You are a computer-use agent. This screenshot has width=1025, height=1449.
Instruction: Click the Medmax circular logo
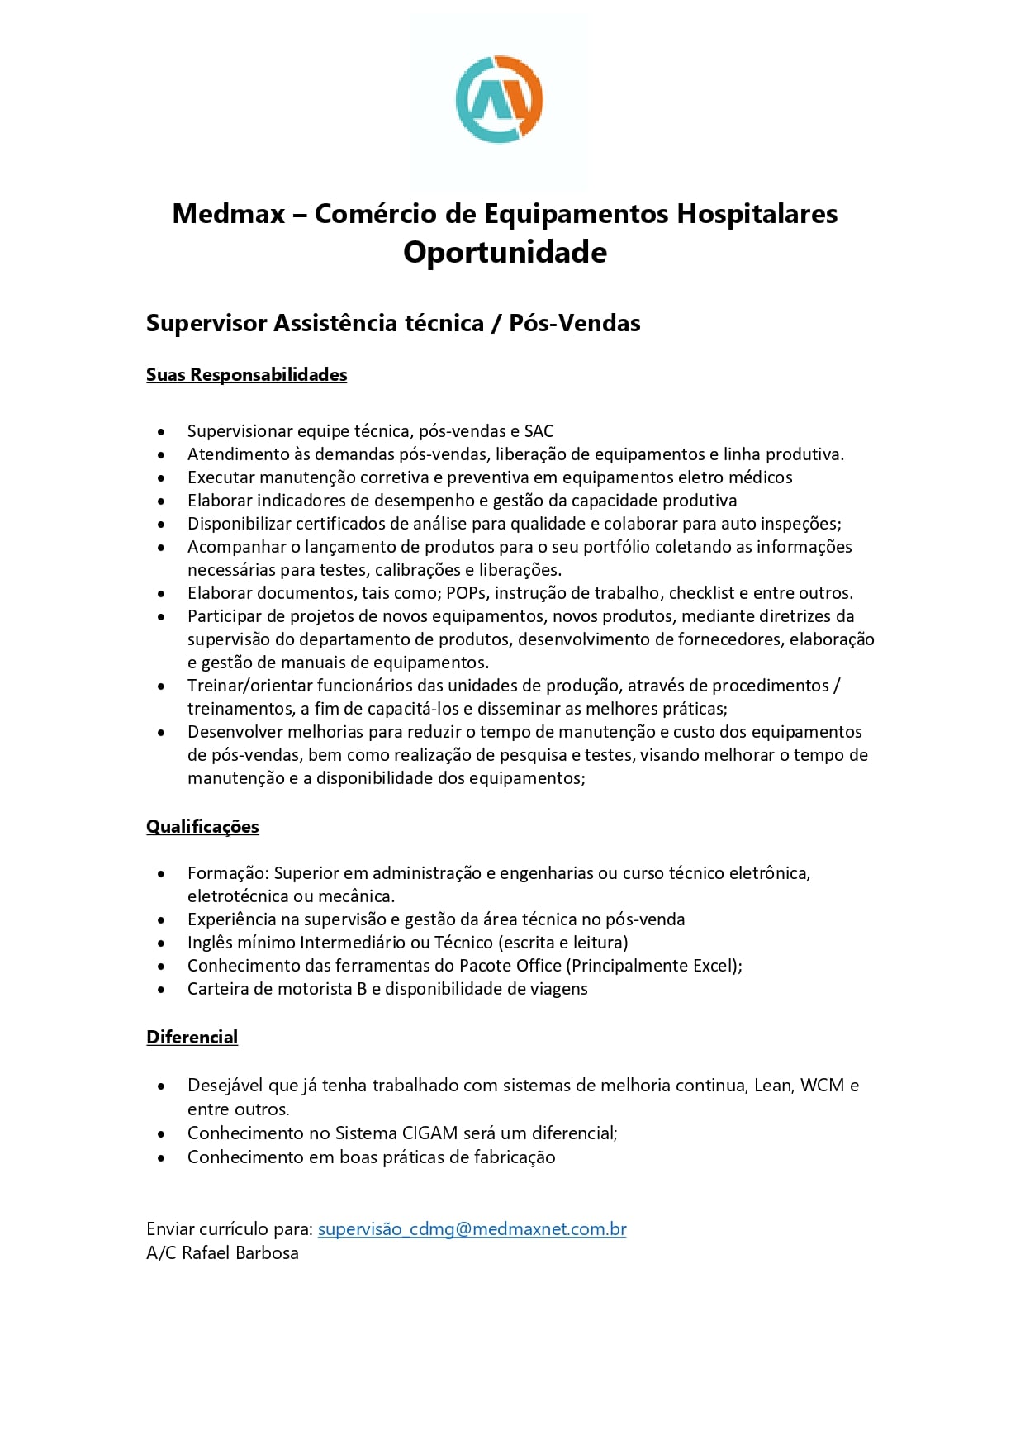pyautogui.click(x=499, y=99)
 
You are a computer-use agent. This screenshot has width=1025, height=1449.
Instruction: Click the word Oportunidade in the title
pyautogui.click(x=505, y=252)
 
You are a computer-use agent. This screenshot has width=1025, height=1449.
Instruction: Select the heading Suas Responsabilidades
pyautogui.click(x=246, y=375)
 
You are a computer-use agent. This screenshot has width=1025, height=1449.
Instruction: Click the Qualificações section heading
pyautogui.click(x=202, y=827)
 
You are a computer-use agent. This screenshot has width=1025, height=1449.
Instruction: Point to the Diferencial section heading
pyautogui.click(x=192, y=1038)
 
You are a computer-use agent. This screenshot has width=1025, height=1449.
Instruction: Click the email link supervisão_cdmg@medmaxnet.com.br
pyautogui.click(x=472, y=1229)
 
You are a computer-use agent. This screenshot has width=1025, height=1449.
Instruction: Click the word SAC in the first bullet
pyautogui.click(x=539, y=431)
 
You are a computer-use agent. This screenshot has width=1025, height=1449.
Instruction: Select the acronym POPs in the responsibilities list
pyautogui.click(x=467, y=593)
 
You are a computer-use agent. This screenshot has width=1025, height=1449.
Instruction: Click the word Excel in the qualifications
pyautogui.click(x=714, y=966)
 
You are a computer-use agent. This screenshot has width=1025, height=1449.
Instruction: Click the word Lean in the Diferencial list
pyautogui.click(x=772, y=1086)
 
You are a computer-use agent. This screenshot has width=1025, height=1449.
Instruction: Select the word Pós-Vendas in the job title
pyautogui.click(x=574, y=323)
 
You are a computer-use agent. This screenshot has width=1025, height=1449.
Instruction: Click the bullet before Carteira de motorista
pyautogui.click(x=161, y=990)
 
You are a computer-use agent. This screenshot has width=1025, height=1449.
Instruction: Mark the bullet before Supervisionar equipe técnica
pyautogui.click(x=161, y=432)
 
